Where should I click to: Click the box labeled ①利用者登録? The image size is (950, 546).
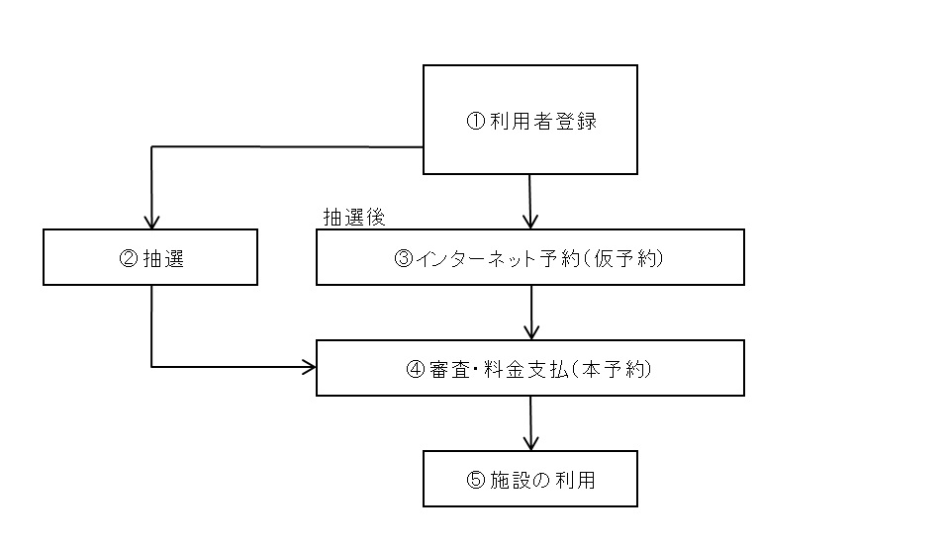click(529, 120)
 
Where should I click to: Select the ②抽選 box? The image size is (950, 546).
click(150, 257)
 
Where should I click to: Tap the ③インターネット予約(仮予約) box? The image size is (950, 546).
click(529, 257)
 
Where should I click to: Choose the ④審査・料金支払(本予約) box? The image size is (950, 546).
click(529, 368)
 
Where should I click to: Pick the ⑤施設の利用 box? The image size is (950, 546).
click(529, 479)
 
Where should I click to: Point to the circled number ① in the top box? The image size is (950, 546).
click(474, 123)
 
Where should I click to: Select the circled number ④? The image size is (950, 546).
click(416, 370)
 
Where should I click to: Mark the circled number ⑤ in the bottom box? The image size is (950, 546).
click(474, 481)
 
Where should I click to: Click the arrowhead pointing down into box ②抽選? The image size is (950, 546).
click(151, 222)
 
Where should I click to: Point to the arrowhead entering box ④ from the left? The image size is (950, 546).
click(309, 368)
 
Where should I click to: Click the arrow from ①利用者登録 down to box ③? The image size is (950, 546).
click(530, 202)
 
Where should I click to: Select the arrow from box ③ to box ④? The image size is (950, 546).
click(532, 313)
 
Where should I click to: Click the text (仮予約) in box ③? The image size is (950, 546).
click(624, 259)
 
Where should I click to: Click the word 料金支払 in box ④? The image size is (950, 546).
click(525, 370)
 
